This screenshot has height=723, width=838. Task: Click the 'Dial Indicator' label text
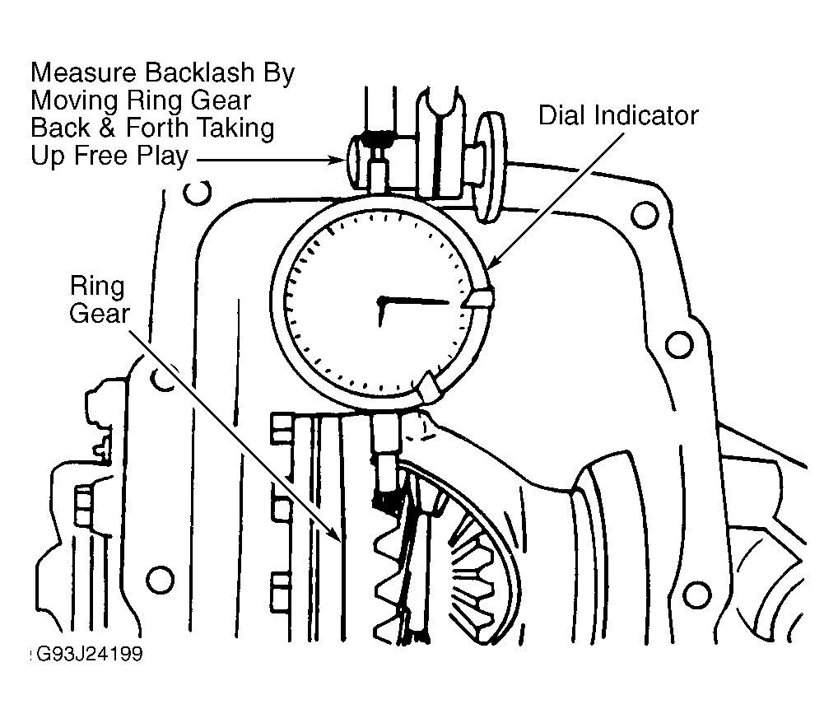[x=618, y=115]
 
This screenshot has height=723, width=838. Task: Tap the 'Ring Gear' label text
[x=100, y=300]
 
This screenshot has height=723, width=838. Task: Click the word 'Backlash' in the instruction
[x=199, y=72]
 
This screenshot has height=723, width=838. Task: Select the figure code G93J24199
[x=89, y=654]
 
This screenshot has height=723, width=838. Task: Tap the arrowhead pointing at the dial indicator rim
[x=493, y=262]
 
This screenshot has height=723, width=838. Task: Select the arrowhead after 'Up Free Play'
[x=337, y=160]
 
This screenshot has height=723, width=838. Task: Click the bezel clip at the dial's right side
[x=479, y=299]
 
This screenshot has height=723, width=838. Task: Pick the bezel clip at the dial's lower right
[x=431, y=386]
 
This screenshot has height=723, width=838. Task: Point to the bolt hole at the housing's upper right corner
[x=645, y=215]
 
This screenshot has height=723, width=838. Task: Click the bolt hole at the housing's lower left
[x=160, y=580]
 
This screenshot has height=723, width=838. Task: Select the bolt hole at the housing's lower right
[x=697, y=595]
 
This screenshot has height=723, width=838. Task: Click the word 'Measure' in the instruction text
[x=85, y=72]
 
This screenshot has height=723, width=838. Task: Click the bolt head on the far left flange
[x=83, y=506]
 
